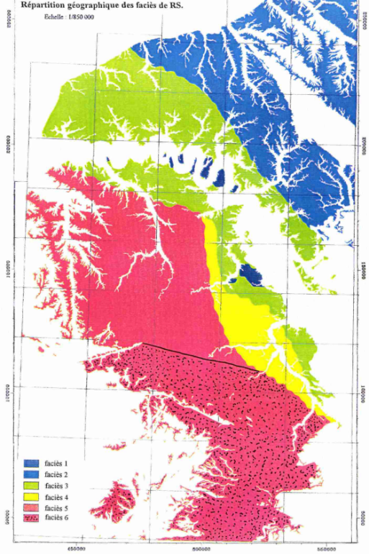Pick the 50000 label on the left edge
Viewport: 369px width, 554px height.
9,529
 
